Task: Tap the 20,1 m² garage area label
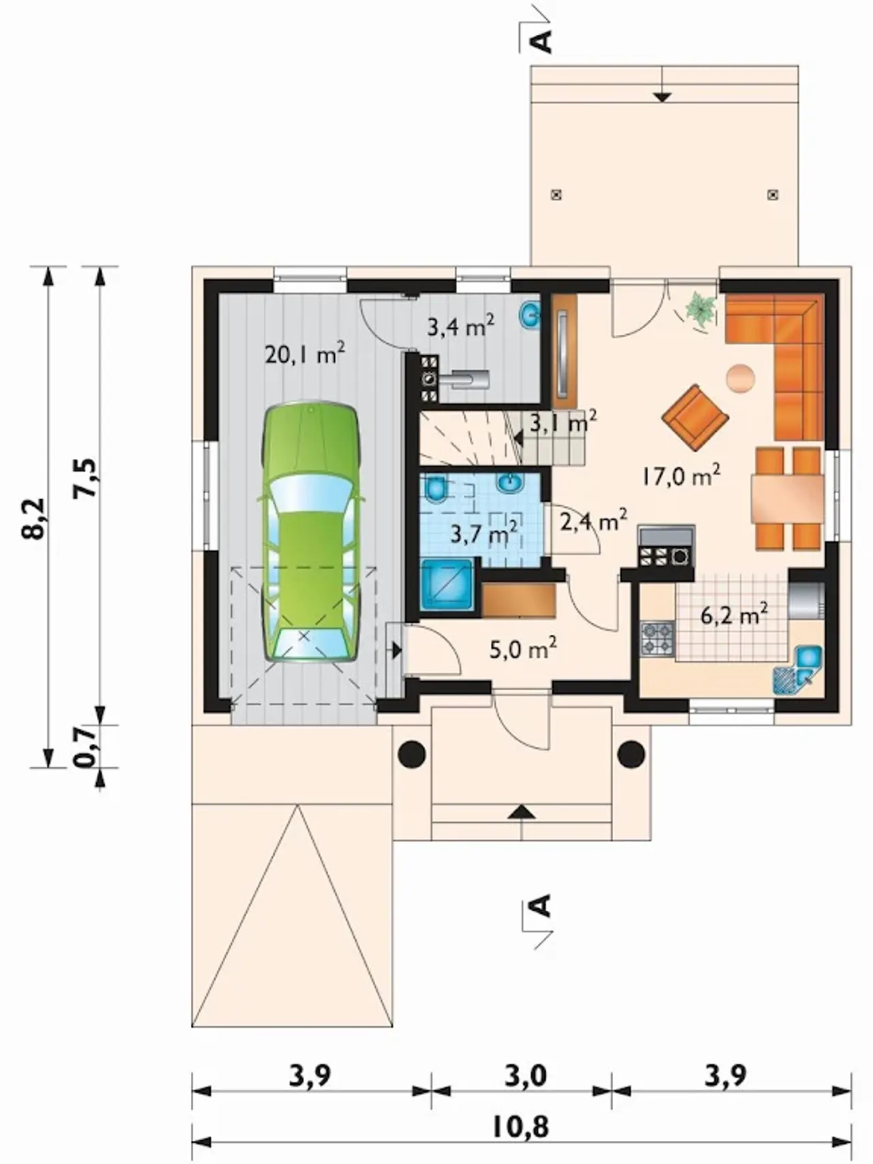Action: pos(305,355)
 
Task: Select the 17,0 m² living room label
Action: pos(681,475)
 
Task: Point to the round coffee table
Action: pos(741,378)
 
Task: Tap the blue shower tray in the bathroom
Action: pos(447,584)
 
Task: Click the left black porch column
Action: pos(412,754)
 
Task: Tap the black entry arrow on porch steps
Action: pos(522,811)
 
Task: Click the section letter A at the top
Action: pos(542,40)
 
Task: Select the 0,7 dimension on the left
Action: pos(85,747)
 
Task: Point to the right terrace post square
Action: pos(773,194)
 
